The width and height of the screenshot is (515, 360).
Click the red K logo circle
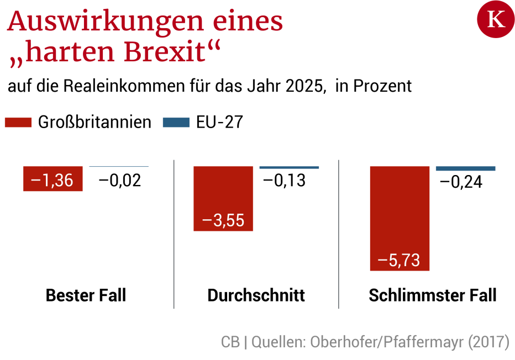click(495, 20)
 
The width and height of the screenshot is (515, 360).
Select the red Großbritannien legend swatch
click(18, 123)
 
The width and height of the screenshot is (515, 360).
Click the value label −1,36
click(52, 181)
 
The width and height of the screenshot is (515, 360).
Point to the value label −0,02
click(120, 181)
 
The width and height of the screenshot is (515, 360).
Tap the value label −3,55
click(223, 220)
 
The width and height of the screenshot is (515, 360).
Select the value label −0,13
click(284, 181)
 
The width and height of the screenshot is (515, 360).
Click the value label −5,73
click(399, 260)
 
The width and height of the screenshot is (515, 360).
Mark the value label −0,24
click(461, 181)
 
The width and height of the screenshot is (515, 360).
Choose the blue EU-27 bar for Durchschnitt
click(289, 167)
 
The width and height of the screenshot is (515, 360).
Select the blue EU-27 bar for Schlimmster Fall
click(466, 168)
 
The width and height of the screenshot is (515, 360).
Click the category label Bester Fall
click(86, 295)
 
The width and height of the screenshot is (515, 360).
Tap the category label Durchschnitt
click(256, 295)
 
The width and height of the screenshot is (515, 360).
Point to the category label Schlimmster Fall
click(432, 295)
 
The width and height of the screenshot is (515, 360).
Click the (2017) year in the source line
click(488, 342)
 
